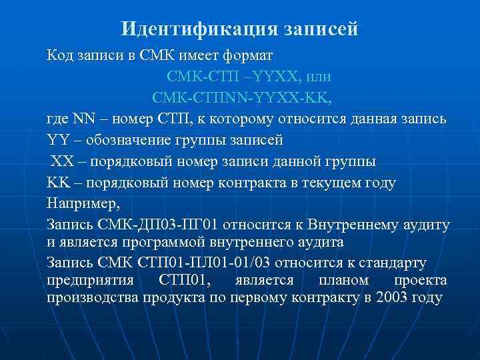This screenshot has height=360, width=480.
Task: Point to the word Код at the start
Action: point(58,55)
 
